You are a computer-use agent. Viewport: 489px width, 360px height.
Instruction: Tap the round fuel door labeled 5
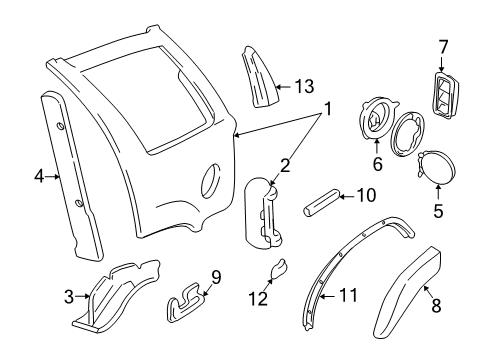coord(434,169)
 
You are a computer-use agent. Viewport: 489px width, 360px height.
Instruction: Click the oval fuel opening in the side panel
coord(211,184)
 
